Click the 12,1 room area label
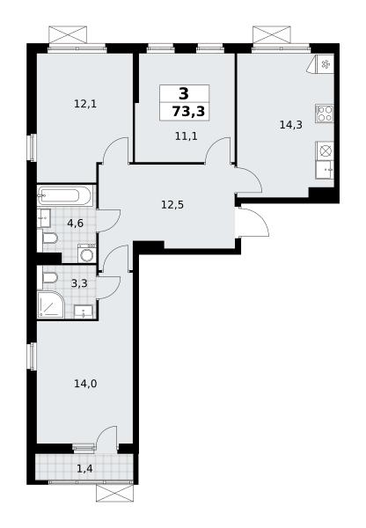coord(85,104)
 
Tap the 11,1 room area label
coord(186,136)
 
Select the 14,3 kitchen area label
coord(291,125)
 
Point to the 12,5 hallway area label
coord(172,204)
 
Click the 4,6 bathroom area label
coord(75,223)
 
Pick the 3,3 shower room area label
coord(79,283)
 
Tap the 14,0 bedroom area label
coord(85,383)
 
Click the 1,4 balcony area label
coord(84,468)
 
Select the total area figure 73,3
coord(188,111)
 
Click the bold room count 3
coord(184,93)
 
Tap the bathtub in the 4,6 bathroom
coord(65,195)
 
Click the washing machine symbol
coord(87,254)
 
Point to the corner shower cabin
coord(50,304)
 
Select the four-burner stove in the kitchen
coord(325,114)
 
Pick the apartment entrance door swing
coord(252,222)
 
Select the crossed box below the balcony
coord(115,494)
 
